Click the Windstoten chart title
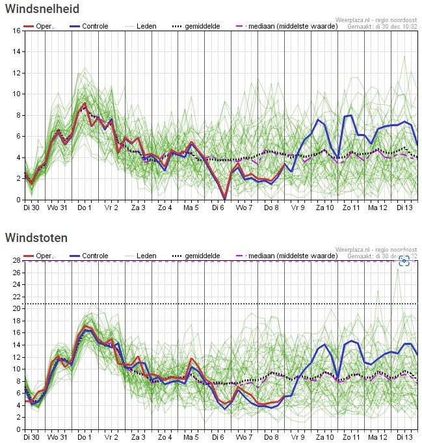(36, 238)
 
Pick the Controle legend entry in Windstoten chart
(87, 256)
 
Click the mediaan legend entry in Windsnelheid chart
(282, 26)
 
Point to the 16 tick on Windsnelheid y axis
(16, 31)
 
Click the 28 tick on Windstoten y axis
(16, 260)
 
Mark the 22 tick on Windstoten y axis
(16, 297)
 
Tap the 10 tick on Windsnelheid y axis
(16, 94)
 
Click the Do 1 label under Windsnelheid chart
(84, 208)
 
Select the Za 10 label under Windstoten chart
(325, 437)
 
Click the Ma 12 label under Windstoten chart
(378, 437)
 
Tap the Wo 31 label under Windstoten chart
(58, 437)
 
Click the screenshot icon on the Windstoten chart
(404, 261)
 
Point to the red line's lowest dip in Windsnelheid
(225, 198)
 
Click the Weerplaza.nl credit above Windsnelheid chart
(377, 20)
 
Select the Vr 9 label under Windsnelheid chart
(298, 208)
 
